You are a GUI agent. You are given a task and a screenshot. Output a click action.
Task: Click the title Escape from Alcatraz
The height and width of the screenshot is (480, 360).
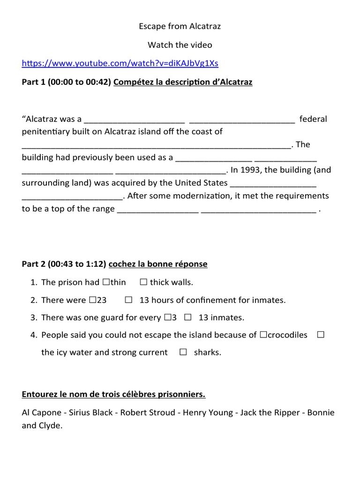click(180, 27)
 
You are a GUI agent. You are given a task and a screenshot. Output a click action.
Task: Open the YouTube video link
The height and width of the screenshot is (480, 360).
click(120, 63)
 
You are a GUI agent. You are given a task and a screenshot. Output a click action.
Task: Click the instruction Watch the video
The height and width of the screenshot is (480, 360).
click(180, 45)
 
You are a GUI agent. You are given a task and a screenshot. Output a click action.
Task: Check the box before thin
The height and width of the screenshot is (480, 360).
click(105, 283)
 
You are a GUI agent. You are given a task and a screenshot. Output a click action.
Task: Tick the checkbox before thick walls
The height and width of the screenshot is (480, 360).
click(143, 283)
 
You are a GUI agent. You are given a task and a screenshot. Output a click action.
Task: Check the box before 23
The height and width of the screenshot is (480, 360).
click(92, 300)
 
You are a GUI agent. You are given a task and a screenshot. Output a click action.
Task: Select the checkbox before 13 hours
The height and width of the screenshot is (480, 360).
click(128, 300)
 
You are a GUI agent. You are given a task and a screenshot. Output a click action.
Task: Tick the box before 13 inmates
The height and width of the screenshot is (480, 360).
click(187, 317)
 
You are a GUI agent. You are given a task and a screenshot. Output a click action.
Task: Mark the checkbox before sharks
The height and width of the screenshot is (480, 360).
click(183, 352)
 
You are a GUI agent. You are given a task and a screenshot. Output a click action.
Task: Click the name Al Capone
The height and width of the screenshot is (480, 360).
click(41, 413)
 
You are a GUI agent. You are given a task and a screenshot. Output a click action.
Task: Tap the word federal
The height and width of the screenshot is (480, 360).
click(313, 119)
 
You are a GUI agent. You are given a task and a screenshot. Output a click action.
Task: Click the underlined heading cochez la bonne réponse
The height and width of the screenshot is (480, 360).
click(158, 264)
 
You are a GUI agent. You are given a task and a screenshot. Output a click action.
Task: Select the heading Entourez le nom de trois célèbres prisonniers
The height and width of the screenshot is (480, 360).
click(113, 394)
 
